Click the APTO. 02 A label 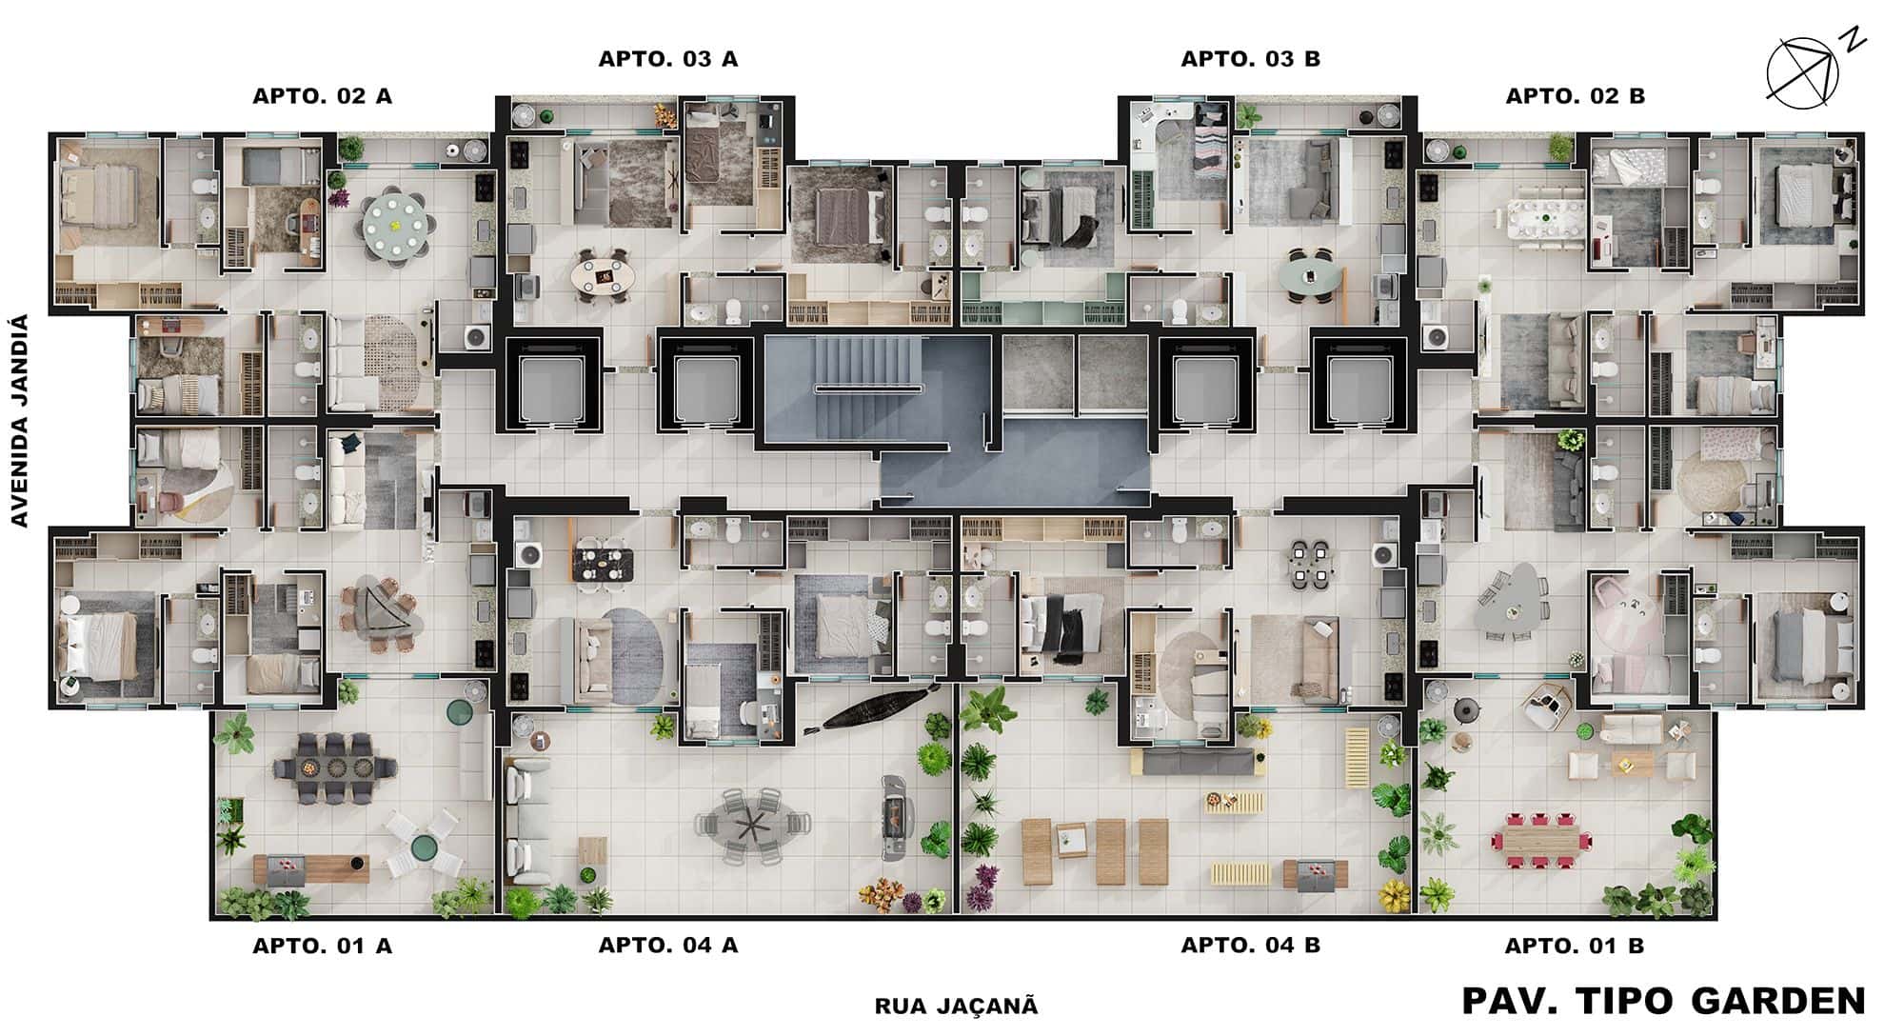pos(322,96)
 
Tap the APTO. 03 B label pos(1250,59)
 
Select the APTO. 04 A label pos(668,946)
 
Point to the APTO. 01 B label pos(1575,946)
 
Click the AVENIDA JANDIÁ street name pos(20,421)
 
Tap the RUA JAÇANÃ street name pos(956,1006)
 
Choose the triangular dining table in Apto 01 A pos(379,611)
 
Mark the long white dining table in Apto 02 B pos(1547,223)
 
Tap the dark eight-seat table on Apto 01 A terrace pos(334,767)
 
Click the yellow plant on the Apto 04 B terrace pos(1396,895)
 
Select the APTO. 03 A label pos(668,59)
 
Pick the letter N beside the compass pos(1852,40)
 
